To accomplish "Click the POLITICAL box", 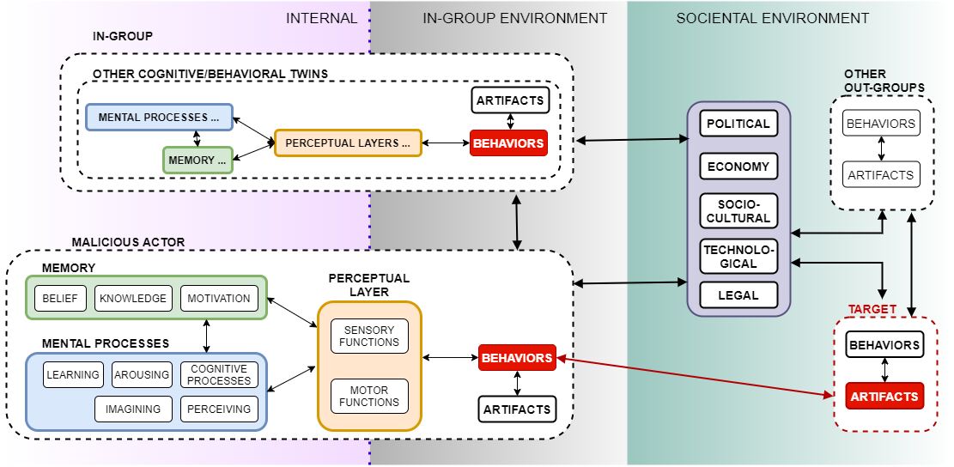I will click(738, 124).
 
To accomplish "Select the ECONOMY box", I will click(738, 167).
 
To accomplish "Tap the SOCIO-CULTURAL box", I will click(738, 209).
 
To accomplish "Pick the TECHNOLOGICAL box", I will click(738, 255).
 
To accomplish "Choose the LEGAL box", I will click(738, 295).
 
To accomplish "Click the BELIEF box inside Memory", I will click(59, 298).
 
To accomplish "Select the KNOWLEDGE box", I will click(132, 298).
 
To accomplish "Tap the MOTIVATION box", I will click(218, 298).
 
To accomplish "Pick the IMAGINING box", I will click(132, 409).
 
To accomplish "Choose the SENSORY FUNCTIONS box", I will click(370, 336).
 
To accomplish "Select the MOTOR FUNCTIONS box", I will click(369, 396).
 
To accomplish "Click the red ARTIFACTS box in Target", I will click(884, 397).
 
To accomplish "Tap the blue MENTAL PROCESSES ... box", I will click(159, 117).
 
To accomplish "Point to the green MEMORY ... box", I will click(197, 160).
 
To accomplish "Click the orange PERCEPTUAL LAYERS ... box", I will click(348, 143).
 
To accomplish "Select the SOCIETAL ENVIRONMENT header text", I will click(772, 18).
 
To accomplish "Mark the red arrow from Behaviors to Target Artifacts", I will click(696, 375).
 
